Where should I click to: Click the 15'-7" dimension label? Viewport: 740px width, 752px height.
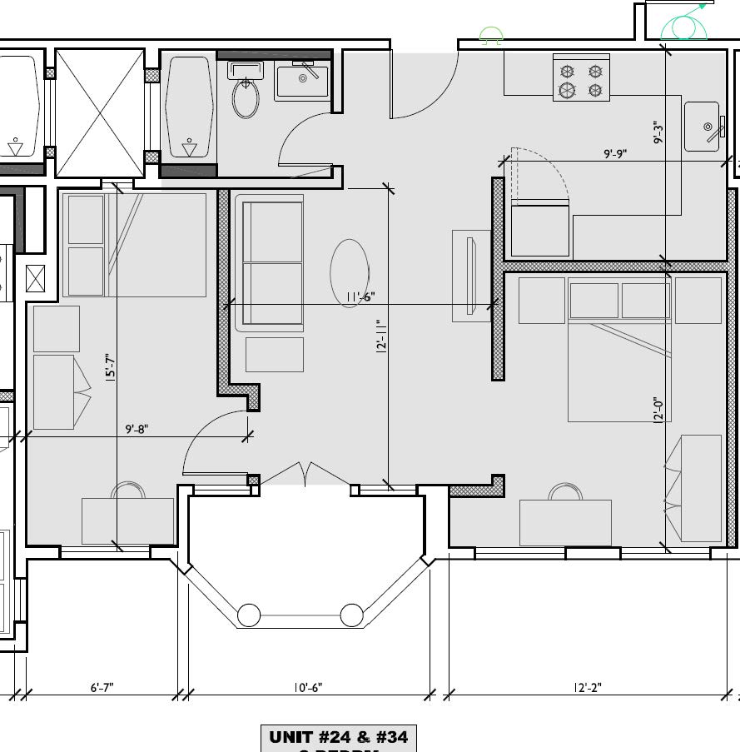click(x=111, y=369)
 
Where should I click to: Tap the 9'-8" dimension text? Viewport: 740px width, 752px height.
click(x=137, y=429)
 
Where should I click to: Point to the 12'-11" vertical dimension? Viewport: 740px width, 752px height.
click(x=382, y=336)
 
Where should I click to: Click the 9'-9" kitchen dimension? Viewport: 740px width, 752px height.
click(x=614, y=153)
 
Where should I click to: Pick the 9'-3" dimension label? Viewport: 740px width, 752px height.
click(x=658, y=133)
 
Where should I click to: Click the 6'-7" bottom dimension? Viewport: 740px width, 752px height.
click(x=102, y=687)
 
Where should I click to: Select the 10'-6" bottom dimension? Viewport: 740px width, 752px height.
click(x=308, y=687)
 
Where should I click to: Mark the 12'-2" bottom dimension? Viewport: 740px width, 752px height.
click(x=587, y=687)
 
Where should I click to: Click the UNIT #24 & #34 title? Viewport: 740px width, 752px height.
click(x=338, y=737)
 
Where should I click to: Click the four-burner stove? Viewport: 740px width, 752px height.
click(x=581, y=80)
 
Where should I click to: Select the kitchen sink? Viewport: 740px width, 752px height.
click(x=702, y=127)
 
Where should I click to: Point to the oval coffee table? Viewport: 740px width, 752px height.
click(x=350, y=273)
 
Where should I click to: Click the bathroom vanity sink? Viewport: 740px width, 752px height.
click(x=301, y=82)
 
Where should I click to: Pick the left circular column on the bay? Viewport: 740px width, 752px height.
click(x=250, y=615)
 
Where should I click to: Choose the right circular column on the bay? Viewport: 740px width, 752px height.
click(x=352, y=615)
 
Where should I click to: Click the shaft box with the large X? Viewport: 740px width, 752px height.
click(x=100, y=112)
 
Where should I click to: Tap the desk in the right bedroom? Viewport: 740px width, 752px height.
click(x=565, y=522)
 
